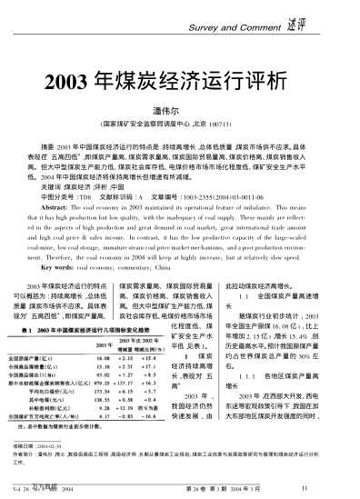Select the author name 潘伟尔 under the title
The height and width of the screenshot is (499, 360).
coord(180,105)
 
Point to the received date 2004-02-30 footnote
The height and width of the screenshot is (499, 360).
coord(52,444)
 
